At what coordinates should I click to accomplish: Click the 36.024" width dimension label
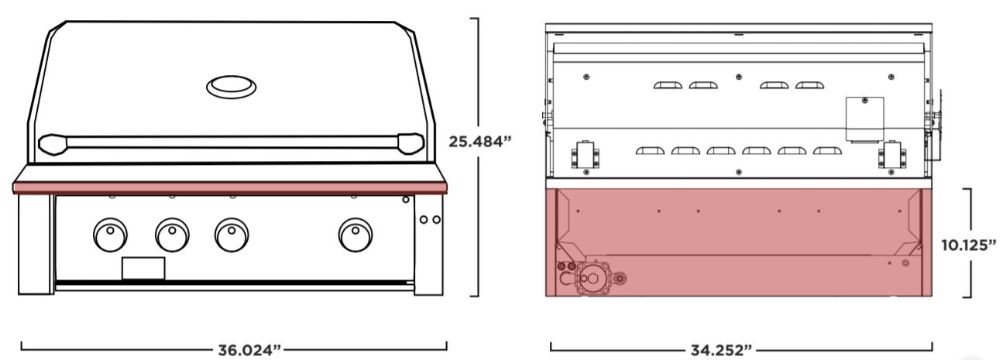click(249, 350)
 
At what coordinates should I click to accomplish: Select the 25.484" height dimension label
click(479, 142)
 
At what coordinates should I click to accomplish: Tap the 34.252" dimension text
click(721, 350)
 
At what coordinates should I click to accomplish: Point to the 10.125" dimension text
click(969, 245)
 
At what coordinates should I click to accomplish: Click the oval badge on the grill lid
click(231, 87)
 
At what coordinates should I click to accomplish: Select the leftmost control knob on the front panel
click(110, 235)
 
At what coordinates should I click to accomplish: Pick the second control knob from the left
click(172, 235)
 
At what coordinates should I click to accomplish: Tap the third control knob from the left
click(232, 235)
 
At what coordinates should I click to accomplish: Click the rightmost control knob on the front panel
click(356, 235)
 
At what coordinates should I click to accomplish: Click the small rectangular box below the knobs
click(143, 268)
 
